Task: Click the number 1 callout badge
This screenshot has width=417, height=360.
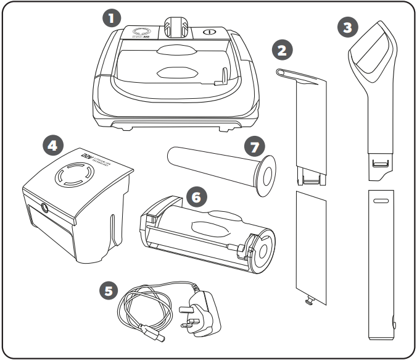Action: click(111, 18)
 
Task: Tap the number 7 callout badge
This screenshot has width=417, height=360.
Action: click(252, 147)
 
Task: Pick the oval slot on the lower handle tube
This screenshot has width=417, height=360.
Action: click(381, 201)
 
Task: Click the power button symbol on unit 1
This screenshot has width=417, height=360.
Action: click(209, 31)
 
